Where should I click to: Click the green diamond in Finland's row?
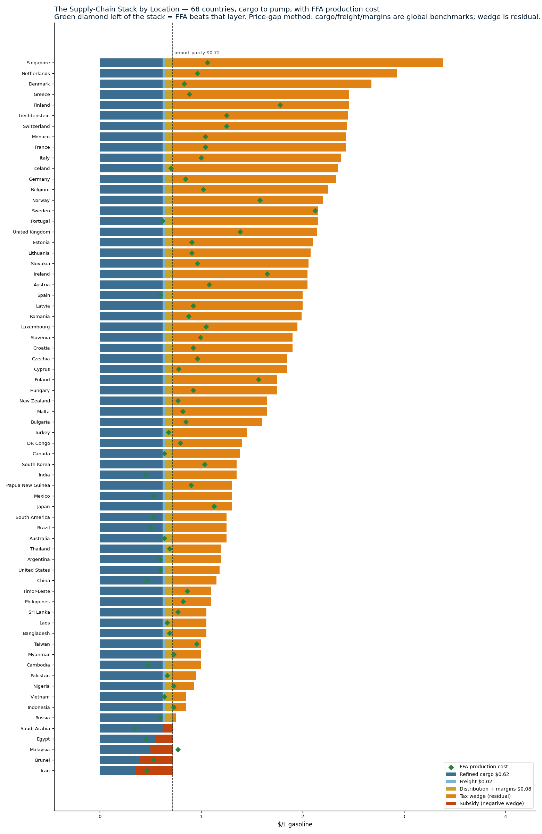pyautogui.click(x=280, y=105)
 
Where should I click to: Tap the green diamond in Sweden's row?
pyautogui.click(x=315, y=211)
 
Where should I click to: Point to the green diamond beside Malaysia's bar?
pyautogui.click(x=178, y=750)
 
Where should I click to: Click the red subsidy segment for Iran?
pyautogui.click(x=155, y=770)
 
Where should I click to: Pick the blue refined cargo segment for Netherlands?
pyautogui.click(x=131, y=73)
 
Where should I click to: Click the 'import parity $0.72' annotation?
pyautogui.click(x=197, y=53)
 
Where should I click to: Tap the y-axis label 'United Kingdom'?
pyautogui.click(x=32, y=232)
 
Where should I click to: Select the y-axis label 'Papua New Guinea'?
pyautogui.click(x=28, y=485)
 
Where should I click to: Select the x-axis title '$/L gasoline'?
pyautogui.click(x=295, y=824)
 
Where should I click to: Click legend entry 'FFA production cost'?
pyautogui.click(x=484, y=767)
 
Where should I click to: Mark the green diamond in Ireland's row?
pyautogui.click(x=267, y=274)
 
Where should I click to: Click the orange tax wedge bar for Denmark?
pyautogui.click(x=272, y=84)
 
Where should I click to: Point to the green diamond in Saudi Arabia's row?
pyautogui.click(x=135, y=728)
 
